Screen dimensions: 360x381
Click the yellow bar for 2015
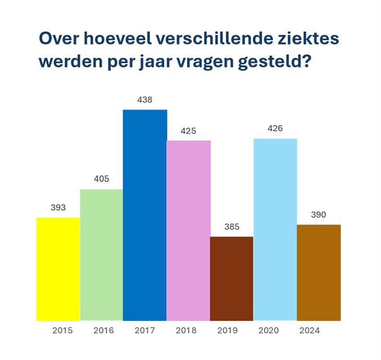point(58,269)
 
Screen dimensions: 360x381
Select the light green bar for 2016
point(101,255)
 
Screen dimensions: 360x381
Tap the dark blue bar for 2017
point(145,215)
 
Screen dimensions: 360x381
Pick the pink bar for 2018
point(188,230)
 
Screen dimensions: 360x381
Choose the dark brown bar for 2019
point(231,279)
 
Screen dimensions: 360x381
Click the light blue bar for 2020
point(275,229)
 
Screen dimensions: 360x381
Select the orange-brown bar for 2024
point(318,272)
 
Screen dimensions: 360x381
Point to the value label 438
point(145,100)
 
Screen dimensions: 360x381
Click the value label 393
point(58,207)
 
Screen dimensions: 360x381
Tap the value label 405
point(101,179)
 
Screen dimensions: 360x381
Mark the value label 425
point(188,130)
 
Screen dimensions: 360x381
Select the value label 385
point(231,227)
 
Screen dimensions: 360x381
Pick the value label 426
point(275,128)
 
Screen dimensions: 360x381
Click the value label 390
point(318,215)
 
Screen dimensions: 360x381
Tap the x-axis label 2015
point(63,331)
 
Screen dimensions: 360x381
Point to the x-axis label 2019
point(227,331)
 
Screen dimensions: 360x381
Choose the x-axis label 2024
point(310,331)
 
